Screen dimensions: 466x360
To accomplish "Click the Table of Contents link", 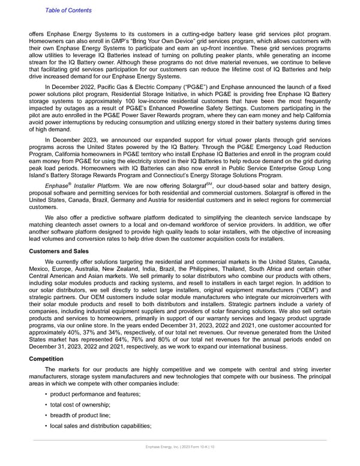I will point(68,10).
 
